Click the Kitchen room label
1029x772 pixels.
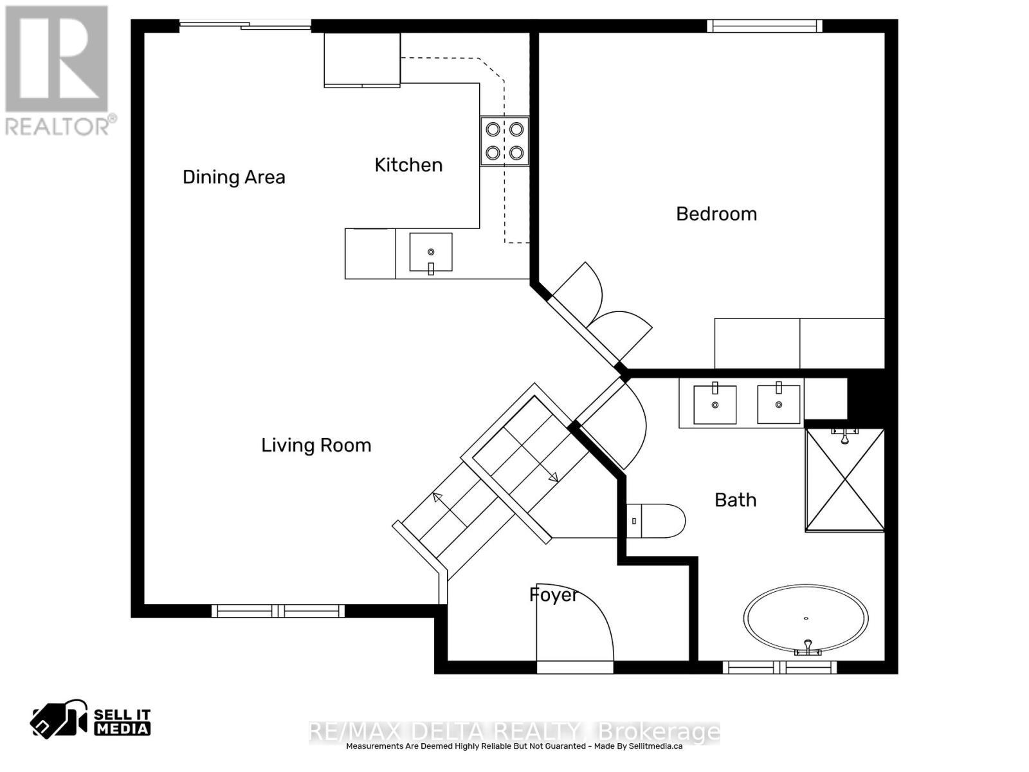tap(408, 165)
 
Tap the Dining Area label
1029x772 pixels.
tap(233, 178)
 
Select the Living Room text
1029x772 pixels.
tap(316, 445)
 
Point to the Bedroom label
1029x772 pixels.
tap(716, 214)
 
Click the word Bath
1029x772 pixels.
tap(735, 500)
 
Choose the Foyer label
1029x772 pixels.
tap(553, 595)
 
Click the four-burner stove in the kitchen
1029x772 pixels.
tap(504, 141)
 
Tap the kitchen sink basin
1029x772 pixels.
tap(431, 252)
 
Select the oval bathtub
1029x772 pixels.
tap(806, 619)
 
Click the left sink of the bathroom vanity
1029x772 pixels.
tap(715, 405)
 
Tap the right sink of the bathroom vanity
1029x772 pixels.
tap(778, 405)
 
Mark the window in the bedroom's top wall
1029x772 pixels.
tap(764, 26)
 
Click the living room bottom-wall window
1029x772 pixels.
tap(278, 611)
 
